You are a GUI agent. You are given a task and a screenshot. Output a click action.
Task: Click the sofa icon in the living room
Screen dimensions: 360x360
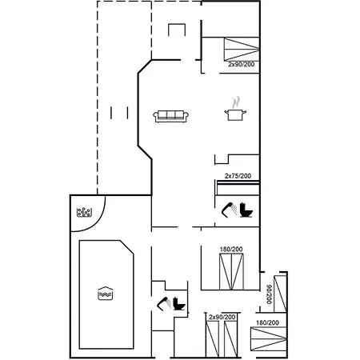[170, 116]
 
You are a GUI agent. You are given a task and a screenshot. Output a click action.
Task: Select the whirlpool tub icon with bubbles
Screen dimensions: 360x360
[84, 213]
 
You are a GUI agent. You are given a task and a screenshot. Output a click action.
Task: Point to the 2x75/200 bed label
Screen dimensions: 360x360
[238, 176]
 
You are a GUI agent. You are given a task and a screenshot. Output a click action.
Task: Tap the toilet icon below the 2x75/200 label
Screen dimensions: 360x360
[246, 210]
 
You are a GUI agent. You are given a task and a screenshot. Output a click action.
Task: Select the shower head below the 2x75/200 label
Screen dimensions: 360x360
[229, 210]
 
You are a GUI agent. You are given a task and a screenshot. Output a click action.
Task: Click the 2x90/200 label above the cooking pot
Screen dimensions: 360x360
[240, 64]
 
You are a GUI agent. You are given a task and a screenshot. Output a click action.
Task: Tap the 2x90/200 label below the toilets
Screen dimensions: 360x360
[222, 318]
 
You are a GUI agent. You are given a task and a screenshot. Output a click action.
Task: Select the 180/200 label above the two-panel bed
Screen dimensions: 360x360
[231, 250]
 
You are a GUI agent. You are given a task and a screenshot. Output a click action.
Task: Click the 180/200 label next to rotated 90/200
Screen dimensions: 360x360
[267, 322]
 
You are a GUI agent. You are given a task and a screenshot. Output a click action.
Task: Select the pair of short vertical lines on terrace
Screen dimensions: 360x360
[121, 113]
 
